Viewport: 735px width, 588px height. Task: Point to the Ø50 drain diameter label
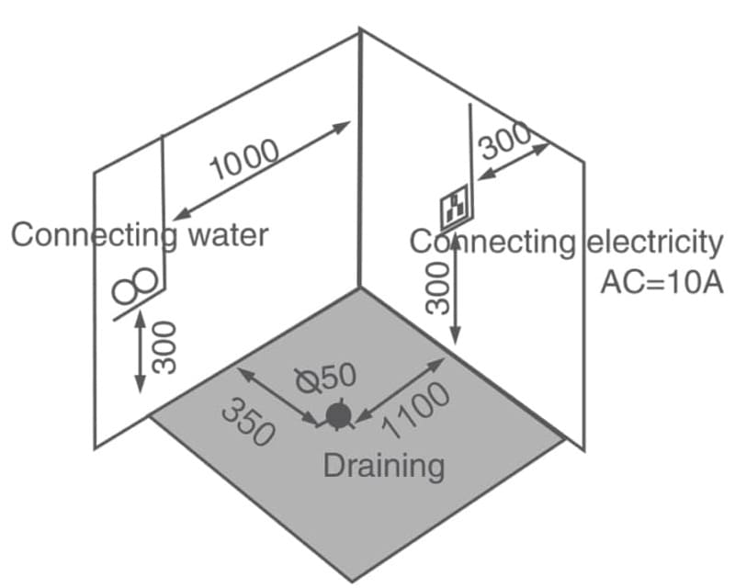(322, 377)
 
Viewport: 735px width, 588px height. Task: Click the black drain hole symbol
(338, 416)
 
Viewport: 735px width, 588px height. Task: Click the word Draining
(384, 465)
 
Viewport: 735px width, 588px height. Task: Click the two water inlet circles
(135, 288)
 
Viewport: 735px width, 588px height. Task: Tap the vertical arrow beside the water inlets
(140, 350)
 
